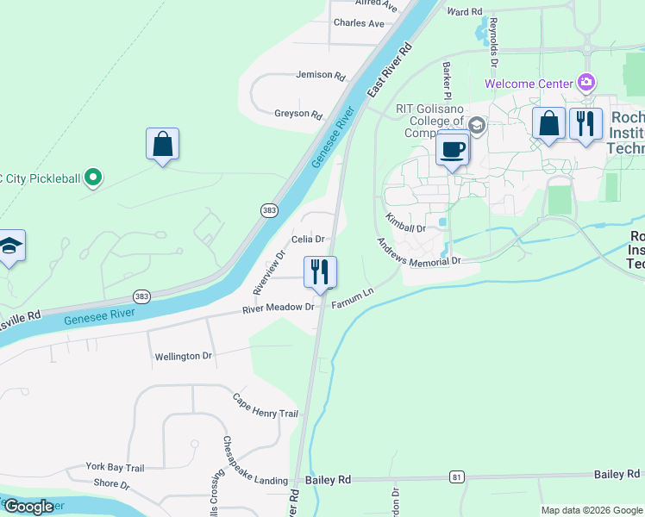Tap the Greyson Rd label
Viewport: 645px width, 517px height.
(297, 114)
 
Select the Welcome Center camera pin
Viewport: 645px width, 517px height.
(586, 84)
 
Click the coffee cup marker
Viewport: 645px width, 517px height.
(453, 150)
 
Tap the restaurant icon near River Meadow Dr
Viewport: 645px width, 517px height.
(319, 272)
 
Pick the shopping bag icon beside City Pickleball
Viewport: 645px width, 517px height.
(162, 145)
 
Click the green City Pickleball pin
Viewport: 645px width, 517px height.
(94, 179)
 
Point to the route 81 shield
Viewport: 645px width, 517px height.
(457, 477)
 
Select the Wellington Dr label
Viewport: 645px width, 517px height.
(183, 356)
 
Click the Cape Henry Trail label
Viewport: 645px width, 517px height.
(266, 406)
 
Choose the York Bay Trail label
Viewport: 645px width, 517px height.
(115, 467)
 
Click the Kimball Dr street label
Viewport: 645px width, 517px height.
(405, 223)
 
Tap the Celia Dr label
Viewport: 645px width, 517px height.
(308, 239)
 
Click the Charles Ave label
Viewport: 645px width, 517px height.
(359, 23)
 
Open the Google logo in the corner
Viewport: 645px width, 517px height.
(28, 507)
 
